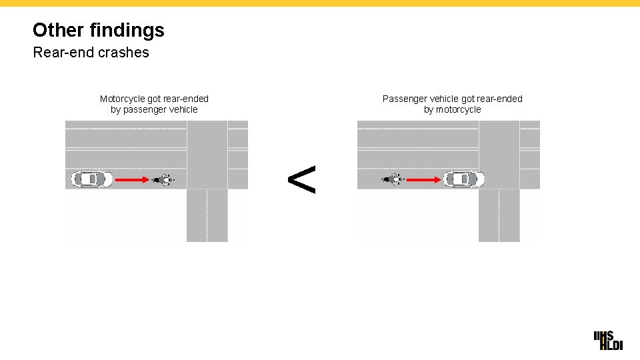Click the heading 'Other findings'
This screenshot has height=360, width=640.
pos(98,30)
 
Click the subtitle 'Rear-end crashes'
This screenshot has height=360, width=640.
pos(91,52)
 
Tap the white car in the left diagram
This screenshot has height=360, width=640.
pos(92,179)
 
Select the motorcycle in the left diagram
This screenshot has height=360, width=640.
pos(163,179)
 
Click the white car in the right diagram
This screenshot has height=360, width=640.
pos(464,179)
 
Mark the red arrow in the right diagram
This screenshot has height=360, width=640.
pos(425,179)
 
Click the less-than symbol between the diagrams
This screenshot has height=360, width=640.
pos(301,179)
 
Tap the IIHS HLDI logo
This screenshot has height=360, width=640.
pos(608,339)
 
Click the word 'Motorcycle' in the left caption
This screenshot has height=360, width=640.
pos(122,99)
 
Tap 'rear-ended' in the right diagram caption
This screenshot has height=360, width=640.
pos(499,99)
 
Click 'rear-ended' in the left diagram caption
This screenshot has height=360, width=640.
pos(185,99)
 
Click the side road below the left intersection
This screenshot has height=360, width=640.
pos(207,215)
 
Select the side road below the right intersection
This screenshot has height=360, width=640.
pos(499,215)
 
